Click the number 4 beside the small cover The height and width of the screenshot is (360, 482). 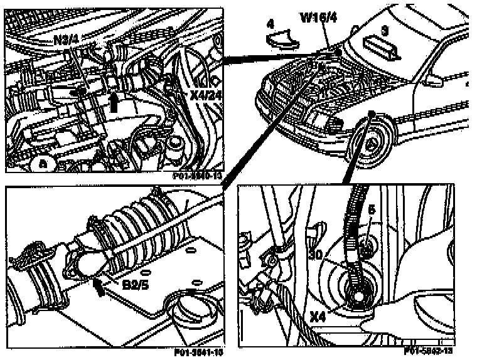[x=270, y=24]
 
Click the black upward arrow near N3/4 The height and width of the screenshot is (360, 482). [x=114, y=102]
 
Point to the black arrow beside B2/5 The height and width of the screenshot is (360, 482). [x=99, y=286]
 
